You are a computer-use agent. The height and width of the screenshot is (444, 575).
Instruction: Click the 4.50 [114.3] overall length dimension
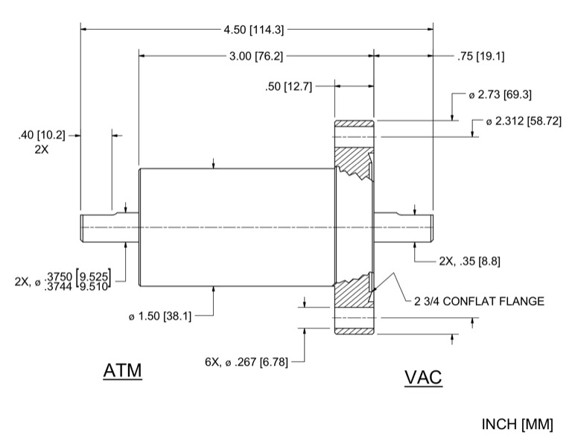click(x=254, y=29)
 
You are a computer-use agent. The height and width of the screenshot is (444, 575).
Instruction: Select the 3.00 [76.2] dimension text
click(x=254, y=56)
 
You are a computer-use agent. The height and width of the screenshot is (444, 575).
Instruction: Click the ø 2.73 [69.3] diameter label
click(x=499, y=95)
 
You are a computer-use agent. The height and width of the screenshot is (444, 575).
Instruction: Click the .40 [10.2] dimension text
click(x=42, y=135)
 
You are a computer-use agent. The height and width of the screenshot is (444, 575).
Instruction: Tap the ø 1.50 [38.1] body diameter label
click(x=159, y=316)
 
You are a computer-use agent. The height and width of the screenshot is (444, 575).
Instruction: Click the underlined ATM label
click(x=122, y=370)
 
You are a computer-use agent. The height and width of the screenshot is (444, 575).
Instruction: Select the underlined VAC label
click(x=423, y=377)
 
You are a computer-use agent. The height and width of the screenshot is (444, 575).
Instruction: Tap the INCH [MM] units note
click(x=518, y=425)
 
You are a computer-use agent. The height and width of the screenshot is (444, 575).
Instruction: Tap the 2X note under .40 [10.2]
click(x=42, y=149)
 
